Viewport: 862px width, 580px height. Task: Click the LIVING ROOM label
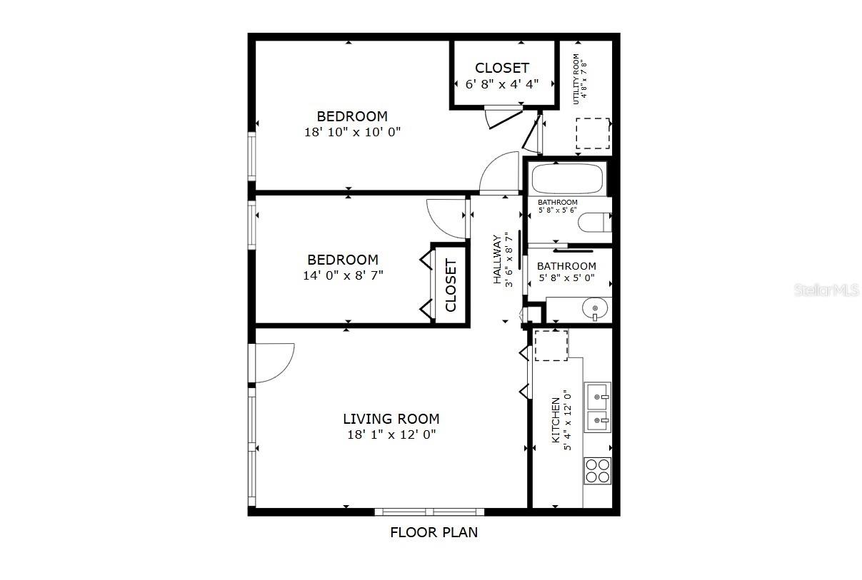pyautogui.click(x=391, y=419)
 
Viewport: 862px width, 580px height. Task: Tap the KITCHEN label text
pyautogui.click(x=556, y=421)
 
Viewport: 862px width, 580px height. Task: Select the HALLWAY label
pyautogui.click(x=497, y=260)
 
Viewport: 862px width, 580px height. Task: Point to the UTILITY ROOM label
pyautogui.click(x=576, y=78)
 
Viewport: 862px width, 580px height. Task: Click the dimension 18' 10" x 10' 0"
pyautogui.click(x=352, y=132)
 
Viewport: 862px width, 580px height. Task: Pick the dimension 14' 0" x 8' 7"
pyautogui.click(x=343, y=275)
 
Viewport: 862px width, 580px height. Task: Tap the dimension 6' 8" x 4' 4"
pyautogui.click(x=502, y=83)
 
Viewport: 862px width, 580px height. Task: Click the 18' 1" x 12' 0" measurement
pyautogui.click(x=391, y=434)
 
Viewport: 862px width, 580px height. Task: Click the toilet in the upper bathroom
pyautogui.click(x=594, y=223)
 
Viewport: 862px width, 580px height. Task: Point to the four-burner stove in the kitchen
pyautogui.click(x=598, y=470)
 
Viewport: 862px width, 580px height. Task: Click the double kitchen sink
pyautogui.click(x=597, y=407)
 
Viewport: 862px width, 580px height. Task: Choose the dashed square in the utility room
pyautogui.click(x=593, y=133)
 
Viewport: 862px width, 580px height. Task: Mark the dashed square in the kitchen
pyautogui.click(x=551, y=345)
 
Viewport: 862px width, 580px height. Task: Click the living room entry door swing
pyautogui.click(x=275, y=363)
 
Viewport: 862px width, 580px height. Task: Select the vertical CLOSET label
pyautogui.click(x=451, y=285)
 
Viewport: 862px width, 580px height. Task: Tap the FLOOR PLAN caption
pyautogui.click(x=433, y=532)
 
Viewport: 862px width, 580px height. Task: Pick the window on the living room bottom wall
pyautogui.click(x=429, y=512)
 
